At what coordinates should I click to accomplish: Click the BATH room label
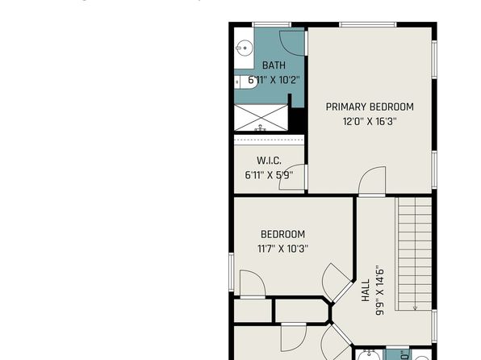click(x=274, y=65)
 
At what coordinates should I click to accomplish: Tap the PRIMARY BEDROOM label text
click(x=370, y=107)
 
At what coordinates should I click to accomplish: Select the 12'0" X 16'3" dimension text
click(x=370, y=122)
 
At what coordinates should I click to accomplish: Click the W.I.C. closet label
click(x=269, y=161)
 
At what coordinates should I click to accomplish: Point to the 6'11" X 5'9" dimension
click(x=269, y=175)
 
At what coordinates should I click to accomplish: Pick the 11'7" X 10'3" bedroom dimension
click(x=282, y=249)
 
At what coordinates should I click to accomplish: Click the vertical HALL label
click(x=366, y=291)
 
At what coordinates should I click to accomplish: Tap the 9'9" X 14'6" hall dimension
click(x=380, y=291)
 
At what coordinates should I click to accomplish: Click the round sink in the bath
click(x=245, y=48)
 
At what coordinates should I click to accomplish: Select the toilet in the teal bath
click(x=246, y=82)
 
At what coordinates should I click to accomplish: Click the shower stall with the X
click(x=261, y=118)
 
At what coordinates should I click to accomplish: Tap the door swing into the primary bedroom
click(x=372, y=181)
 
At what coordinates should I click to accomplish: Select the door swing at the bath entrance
click(x=292, y=44)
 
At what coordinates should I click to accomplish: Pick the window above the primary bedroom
click(x=368, y=24)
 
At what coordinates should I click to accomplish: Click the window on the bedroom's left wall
click(x=232, y=271)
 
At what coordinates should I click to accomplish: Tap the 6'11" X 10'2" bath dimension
click(x=274, y=80)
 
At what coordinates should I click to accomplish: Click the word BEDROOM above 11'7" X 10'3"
click(x=282, y=234)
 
